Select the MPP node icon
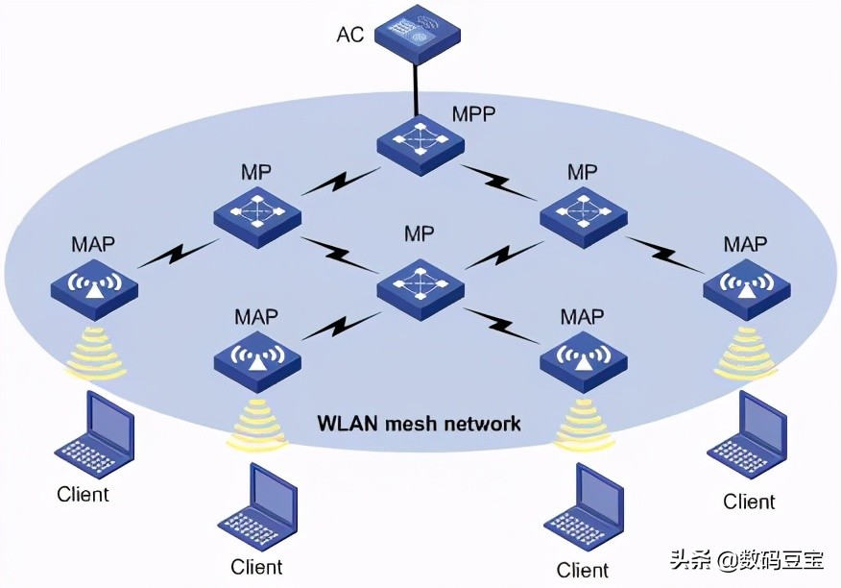click(420, 142)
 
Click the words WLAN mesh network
click(420, 423)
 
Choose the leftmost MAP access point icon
click(93, 285)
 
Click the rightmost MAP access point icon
click(746, 285)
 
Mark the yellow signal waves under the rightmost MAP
click(746, 353)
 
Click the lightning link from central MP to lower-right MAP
click(502, 326)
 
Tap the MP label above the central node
click(419, 233)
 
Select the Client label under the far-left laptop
click(84, 496)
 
